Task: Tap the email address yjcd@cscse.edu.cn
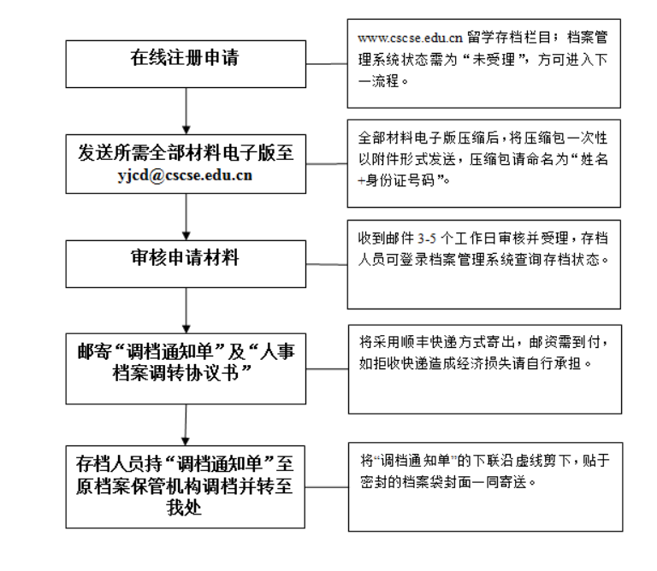coord(185,175)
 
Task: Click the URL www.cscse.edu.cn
coord(410,38)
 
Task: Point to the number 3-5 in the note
coord(427,238)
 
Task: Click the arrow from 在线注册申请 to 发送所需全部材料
coord(186,111)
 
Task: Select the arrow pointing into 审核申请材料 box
coord(186,217)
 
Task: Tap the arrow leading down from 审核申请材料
coord(186,310)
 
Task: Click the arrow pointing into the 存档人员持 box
coord(186,425)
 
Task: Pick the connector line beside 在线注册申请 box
coord(327,64)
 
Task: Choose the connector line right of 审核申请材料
coord(327,265)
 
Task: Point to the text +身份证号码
coord(396,180)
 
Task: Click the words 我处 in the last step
coord(184,508)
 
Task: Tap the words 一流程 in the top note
coord(378,81)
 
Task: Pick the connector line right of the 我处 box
coord(327,487)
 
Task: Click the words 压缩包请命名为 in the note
coord(518,160)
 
